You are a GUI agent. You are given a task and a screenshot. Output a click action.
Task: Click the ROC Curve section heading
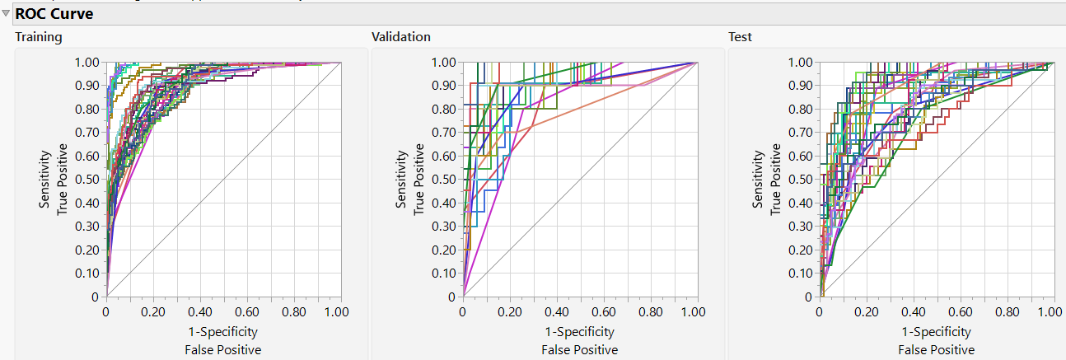click(x=54, y=14)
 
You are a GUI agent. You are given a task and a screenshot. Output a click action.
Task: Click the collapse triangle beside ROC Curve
click(x=6, y=14)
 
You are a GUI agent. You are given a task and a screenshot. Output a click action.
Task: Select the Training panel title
click(x=38, y=37)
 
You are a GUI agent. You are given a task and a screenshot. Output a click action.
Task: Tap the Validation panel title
click(x=400, y=37)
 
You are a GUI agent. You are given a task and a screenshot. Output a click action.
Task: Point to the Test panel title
click(x=740, y=37)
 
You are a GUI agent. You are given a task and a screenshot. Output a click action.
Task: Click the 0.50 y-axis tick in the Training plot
click(x=87, y=180)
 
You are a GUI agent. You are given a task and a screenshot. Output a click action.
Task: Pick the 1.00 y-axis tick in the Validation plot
click(x=444, y=62)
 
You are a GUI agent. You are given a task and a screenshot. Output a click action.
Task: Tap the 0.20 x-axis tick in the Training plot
click(x=152, y=313)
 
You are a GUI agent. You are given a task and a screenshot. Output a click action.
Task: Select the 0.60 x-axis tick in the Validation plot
click(x=602, y=313)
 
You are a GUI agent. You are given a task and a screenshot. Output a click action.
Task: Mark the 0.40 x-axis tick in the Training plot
click(x=199, y=313)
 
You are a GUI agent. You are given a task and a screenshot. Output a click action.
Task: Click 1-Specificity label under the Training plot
click(x=222, y=332)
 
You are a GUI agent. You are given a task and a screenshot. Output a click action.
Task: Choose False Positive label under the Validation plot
click(x=579, y=350)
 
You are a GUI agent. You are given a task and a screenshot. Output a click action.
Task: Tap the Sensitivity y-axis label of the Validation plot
click(x=402, y=180)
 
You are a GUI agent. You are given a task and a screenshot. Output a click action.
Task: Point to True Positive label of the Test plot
click(x=777, y=180)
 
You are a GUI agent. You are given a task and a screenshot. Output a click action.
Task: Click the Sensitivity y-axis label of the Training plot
click(x=45, y=180)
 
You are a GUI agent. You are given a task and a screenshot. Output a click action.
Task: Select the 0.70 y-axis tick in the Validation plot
click(x=444, y=133)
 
